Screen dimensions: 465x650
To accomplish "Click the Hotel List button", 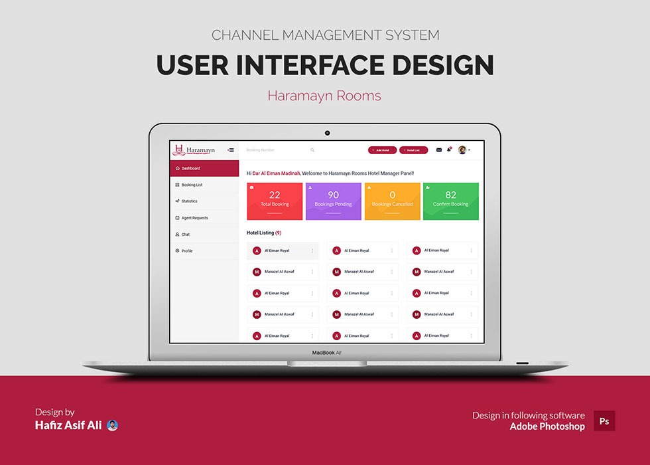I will [413, 150].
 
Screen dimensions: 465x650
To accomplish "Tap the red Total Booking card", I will [275, 201].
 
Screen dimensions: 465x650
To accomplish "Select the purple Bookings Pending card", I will [333, 201].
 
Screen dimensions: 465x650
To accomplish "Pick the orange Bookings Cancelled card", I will [392, 201].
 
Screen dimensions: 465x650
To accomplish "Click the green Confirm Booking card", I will [450, 201].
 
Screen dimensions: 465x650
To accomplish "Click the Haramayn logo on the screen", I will [194, 151].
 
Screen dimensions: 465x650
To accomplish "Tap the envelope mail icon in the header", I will [438, 150].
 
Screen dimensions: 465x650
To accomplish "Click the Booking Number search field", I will [275, 150].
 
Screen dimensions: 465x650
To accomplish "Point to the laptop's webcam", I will [327, 133].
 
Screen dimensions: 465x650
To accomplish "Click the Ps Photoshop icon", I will [604, 420].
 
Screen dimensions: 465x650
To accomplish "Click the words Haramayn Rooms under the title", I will [324, 96].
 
